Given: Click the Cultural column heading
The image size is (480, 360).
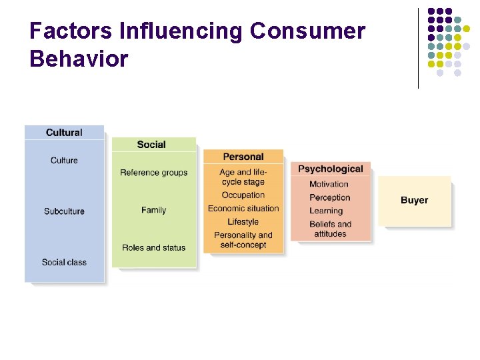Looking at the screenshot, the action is pyautogui.click(x=64, y=133).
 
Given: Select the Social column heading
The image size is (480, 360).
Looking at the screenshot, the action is pyautogui.click(x=151, y=145).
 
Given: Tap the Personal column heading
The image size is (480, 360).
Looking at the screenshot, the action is pyautogui.click(x=243, y=157).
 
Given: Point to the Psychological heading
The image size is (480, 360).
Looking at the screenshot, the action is pyautogui.click(x=331, y=169).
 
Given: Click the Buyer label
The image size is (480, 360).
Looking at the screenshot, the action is pyautogui.click(x=414, y=200).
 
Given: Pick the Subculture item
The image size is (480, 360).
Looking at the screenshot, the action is pyautogui.click(x=64, y=211).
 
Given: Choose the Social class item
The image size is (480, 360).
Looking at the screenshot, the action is pyautogui.click(x=64, y=262).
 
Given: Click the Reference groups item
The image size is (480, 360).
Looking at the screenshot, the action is pyautogui.click(x=154, y=173).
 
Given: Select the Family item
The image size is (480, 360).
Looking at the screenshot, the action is pyautogui.click(x=153, y=210).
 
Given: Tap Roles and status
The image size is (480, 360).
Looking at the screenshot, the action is pyautogui.click(x=154, y=248).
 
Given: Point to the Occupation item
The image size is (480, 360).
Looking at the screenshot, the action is pyautogui.click(x=243, y=195).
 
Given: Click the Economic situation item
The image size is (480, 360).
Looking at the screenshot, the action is pyautogui.click(x=243, y=209).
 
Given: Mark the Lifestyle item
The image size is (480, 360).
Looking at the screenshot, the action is pyautogui.click(x=243, y=222).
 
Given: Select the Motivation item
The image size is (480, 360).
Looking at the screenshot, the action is pyautogui.click(x=329, y=184).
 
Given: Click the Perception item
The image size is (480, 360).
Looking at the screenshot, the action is pyautogui.click(x=329, y=197).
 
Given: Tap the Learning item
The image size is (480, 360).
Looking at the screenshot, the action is pyautogui.click(x=326, y=211).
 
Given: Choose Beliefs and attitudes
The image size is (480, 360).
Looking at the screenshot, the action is pyautogui.click(x=330, y=229).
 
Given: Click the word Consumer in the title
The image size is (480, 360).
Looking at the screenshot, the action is pyautogui.click(x=307, y=31).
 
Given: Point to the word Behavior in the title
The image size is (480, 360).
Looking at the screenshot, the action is pyautogui.click(x=79, y=59).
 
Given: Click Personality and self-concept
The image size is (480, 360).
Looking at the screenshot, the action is pyautogui.click(x=243, y=240).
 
